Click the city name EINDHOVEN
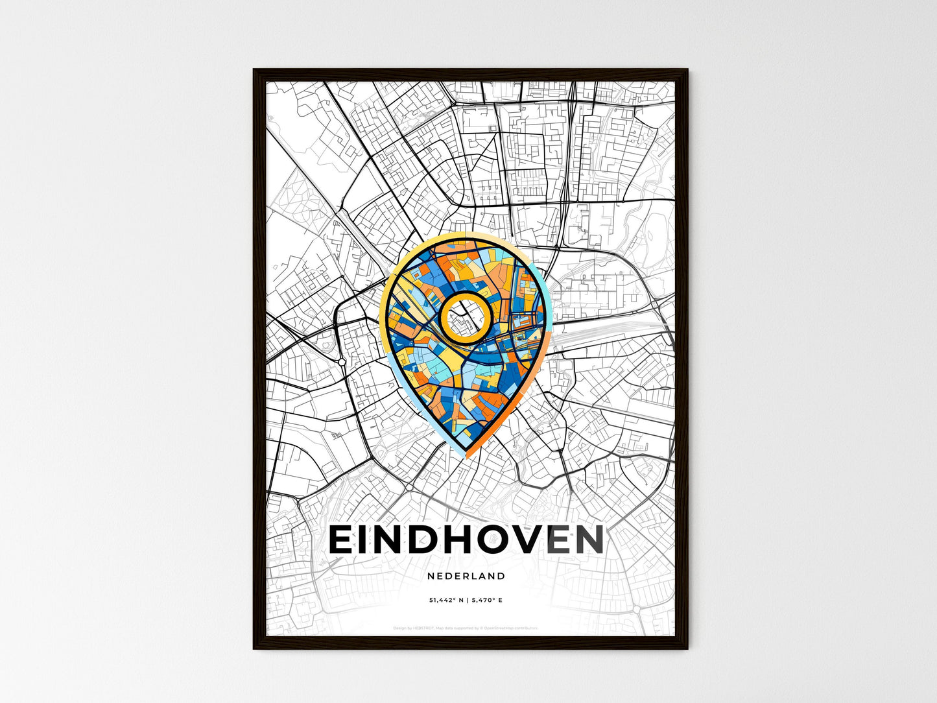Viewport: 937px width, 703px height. tap(466, 540)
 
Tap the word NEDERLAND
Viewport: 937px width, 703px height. tap(466, 576)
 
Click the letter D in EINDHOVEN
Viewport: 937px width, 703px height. tap(417, 540)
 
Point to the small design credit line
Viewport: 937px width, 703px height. tap(466, 628)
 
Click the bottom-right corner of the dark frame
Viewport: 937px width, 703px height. tap(687, 648)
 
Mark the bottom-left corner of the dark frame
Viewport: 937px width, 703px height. tap(254, 648)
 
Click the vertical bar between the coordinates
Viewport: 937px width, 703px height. tap(468, 601)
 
